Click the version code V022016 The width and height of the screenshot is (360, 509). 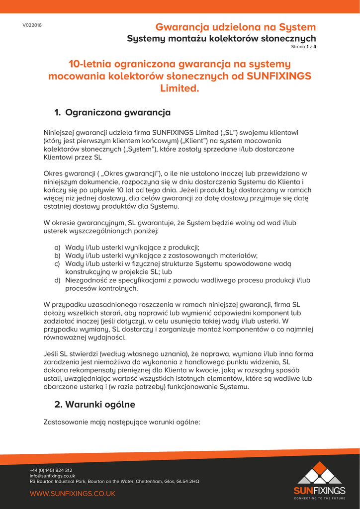pos(32,25)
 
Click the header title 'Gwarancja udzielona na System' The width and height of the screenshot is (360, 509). pos(235,27)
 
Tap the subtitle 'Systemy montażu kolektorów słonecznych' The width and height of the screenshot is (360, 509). pos(221,38)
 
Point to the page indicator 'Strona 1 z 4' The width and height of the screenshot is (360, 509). pos(303,47)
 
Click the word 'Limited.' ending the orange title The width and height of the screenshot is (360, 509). pos(180,88)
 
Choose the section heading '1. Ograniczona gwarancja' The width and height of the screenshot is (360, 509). pos(112,112)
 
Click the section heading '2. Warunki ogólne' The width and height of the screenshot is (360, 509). pos(94,404)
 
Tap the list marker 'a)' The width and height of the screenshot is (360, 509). pos(57,247)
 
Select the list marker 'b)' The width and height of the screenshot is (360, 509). pos(57,255)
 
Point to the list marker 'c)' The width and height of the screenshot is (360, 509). pos(57,263)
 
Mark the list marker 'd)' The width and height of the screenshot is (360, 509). pos(57,280)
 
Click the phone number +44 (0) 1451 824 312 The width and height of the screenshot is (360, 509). pos(51,470)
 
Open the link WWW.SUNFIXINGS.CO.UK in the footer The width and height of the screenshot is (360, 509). pos(73,494)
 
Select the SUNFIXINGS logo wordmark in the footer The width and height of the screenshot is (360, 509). pos(319,491)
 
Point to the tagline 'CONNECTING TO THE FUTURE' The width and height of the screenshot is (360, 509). pos(319,498)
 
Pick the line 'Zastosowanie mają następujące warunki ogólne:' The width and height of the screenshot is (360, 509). pos(122,422)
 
